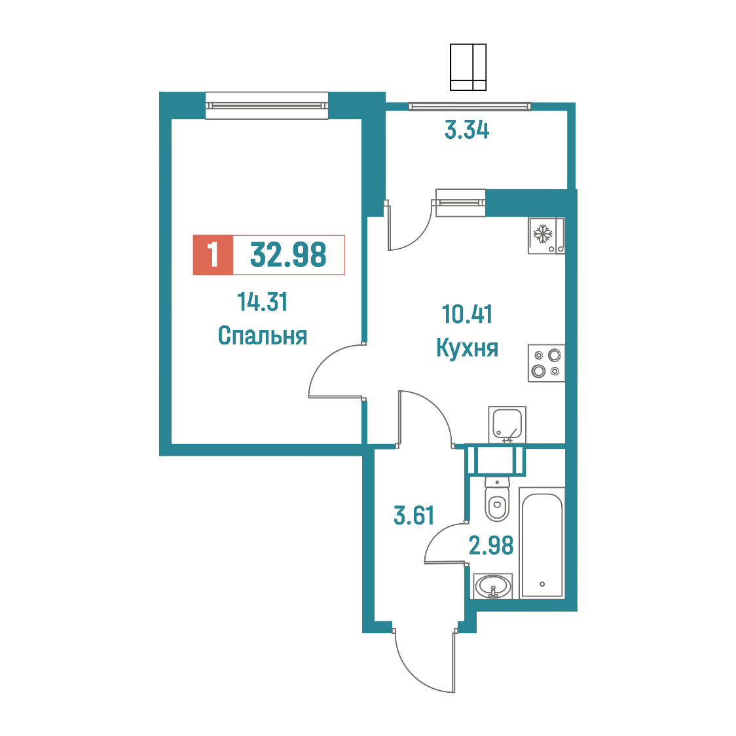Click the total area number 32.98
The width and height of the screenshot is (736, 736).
coord(288,255)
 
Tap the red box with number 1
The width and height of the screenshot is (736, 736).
coord(213,255)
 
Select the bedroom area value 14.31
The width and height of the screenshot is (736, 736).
coord(263,302)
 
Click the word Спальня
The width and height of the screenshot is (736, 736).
coord(263,336)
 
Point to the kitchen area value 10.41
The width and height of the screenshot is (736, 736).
coord(467,314)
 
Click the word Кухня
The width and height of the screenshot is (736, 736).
coord(467,348)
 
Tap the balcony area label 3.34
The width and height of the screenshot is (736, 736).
coord(467,130)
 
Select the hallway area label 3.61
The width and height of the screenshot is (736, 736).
coord(414,515)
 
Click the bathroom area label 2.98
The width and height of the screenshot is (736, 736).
coord(491,545)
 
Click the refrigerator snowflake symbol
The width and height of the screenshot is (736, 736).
coord(543,234)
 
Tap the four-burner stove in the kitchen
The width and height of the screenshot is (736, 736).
coord(546,363)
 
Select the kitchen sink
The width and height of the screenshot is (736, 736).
coord(507,424)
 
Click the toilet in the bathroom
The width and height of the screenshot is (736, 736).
coord(496,500)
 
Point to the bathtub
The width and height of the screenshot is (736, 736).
coord(542,543)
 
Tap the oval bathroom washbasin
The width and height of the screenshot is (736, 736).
coord(493,586)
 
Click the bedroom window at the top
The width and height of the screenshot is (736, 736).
coord(267,105)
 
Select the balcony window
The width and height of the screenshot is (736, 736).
coord(469,107)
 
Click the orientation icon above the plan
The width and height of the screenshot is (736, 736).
coord(468,67)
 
